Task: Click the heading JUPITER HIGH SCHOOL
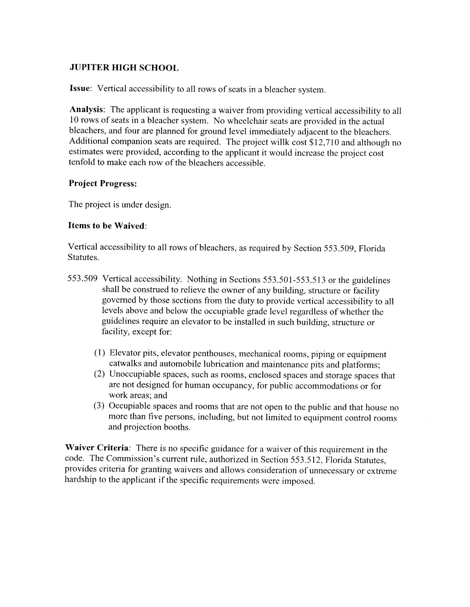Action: click(x=124, y=68)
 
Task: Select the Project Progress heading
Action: click(x=103, y=184)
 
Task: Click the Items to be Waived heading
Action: click(x=107, y=226)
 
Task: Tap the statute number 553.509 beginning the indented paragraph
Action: click(x=82, y=279)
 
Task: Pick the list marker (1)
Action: click(x=100, y=353)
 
